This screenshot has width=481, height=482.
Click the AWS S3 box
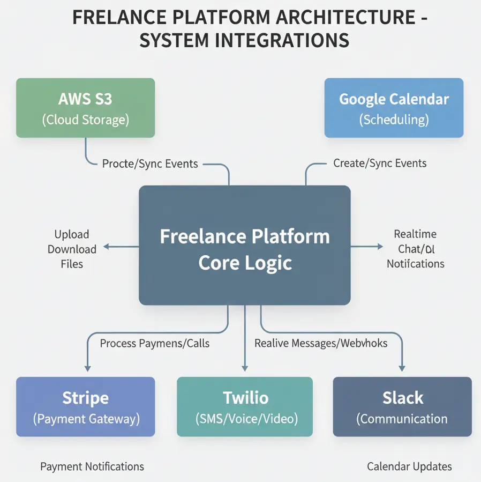click(x=85, y=108)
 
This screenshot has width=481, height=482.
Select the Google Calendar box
click(x=394, y=108)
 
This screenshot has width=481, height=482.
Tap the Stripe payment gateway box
click(x=85, y=406)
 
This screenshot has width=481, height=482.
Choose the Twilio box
click(x=245, y=406)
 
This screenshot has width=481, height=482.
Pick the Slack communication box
click(x=402, y=406)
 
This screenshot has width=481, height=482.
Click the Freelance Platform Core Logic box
click(x=244, y=245)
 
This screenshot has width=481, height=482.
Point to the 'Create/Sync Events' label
click(x=380, y=163)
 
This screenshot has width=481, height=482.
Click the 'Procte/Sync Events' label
click(x=150, y=164)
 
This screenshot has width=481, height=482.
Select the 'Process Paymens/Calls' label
click(x=155, y=343)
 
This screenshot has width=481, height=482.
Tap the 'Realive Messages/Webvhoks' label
click(x=321, y=343)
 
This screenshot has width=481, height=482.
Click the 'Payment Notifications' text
click(x=92, y=466)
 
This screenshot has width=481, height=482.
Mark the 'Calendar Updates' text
click(x=409, y=466)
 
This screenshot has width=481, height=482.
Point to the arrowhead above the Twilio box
click(x=245, y=368)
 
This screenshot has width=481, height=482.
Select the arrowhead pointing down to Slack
click(x=402, y=368)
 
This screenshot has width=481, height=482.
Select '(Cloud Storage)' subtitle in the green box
click(x=85, y=120)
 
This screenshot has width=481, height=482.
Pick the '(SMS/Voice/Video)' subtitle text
click(x=245, y=419)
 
